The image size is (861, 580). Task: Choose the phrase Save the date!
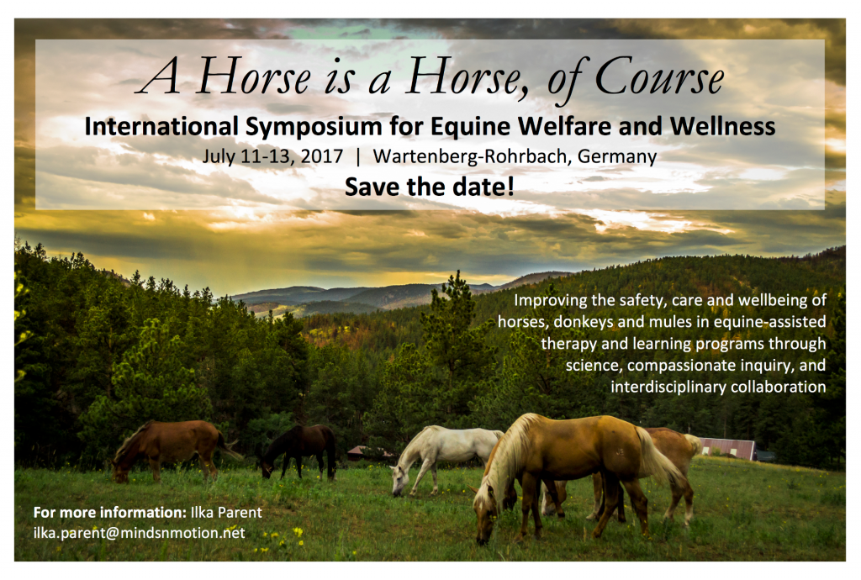coord(429,187)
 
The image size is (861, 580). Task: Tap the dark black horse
coord(300,446)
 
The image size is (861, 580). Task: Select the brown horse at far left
coord(168,443)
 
